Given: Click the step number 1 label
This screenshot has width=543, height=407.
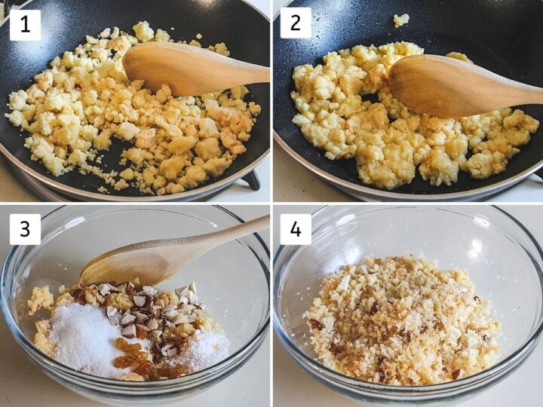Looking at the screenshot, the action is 26,26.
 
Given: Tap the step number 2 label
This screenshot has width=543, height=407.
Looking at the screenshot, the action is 296,23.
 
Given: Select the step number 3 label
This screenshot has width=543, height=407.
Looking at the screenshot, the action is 26,229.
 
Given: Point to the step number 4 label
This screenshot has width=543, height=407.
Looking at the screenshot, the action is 296,229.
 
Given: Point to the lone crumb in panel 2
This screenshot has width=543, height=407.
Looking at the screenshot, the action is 401,20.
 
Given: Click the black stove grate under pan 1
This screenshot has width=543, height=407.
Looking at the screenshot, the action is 253,178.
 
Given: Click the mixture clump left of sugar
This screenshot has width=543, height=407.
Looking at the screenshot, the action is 41,299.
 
